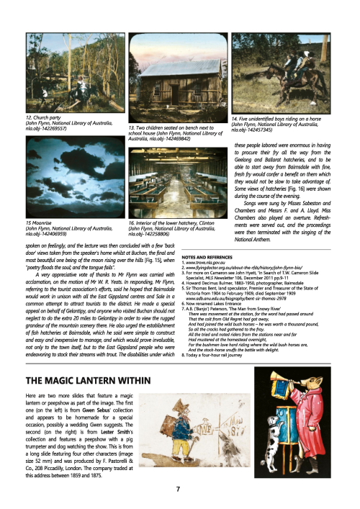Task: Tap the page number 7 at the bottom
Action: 178,490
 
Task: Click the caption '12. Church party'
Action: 40,116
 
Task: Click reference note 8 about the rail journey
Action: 232,354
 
